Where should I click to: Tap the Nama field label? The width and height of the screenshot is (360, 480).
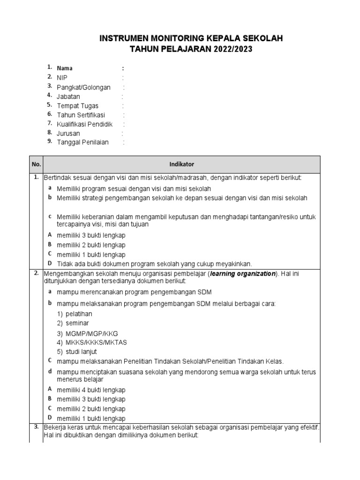[65, 68]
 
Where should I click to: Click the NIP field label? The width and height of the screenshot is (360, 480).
[62, 78]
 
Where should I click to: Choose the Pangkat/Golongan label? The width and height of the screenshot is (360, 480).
[83, 87]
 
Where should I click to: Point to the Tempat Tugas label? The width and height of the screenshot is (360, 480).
[77, 106]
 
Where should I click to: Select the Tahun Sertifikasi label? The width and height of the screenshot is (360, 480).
[81, 115]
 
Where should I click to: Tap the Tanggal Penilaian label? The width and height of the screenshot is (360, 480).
[82, 142]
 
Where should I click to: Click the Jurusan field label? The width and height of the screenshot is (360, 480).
[68, 134]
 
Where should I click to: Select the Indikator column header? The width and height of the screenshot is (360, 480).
[181, 165]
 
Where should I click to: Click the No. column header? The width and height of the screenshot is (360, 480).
[36, 165]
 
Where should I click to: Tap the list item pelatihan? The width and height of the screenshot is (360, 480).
[79, 313]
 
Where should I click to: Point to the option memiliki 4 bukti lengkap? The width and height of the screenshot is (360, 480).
[91, 390]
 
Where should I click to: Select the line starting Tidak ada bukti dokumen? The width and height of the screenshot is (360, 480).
[154, 264]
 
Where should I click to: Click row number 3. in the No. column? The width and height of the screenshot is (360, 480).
[36, 427]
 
